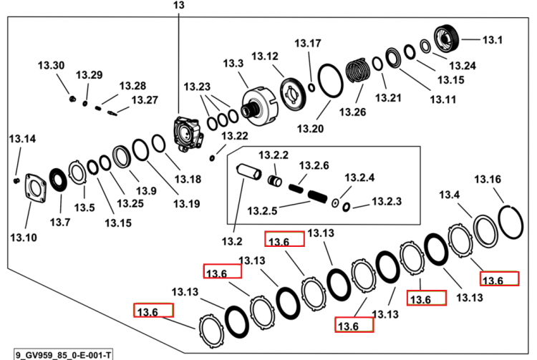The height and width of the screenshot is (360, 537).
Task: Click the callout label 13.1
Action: pyautogui.click(x=492, y=40)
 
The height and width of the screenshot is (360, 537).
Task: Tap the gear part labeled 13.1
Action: pyautogui.click(x=446, y=39)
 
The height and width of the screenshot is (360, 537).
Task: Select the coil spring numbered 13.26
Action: pyautogui.click(x=358, y=71)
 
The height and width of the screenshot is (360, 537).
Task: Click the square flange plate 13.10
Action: pyautogui.click(x=35, y=188)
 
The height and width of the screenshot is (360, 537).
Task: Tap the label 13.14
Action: pyautogui.click(x=22, y=139)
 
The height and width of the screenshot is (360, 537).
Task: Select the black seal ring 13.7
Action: pyautogui.click(x=58, y=181)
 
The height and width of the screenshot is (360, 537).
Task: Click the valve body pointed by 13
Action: pyautogui.click(x=188, y=134)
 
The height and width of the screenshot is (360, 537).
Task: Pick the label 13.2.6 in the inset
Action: pyautogui.click(x=314, y=165)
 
